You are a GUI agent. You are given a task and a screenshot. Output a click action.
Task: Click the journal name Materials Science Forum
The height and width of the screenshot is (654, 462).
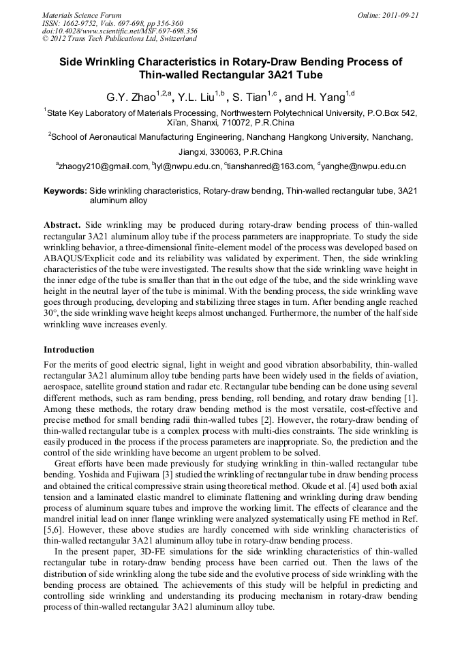(82, 15)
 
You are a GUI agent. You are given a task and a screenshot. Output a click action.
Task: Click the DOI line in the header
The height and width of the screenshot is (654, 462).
(119, 31)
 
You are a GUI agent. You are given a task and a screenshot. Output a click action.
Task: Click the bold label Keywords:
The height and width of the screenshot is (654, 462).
(65, 192)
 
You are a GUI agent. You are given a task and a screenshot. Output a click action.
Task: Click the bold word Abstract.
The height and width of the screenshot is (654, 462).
(62, 225)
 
